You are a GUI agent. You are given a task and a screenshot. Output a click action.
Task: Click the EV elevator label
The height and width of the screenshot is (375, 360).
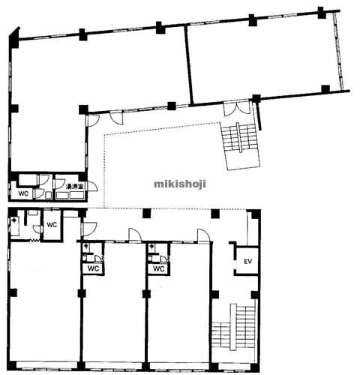click(x=247, y=262)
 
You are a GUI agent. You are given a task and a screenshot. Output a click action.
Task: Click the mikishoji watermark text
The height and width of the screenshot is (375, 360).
click(x=180, y=184)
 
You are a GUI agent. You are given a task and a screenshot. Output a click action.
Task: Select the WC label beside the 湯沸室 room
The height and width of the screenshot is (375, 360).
click(x=23, y=193)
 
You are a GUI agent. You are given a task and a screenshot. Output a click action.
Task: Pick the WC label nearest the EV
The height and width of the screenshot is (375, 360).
click(x=159, y=268)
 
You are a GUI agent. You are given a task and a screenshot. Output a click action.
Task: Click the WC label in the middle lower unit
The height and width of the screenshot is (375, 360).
click(x=93, y=268)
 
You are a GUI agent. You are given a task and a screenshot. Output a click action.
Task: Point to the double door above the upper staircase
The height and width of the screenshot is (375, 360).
click(x=236, y=108)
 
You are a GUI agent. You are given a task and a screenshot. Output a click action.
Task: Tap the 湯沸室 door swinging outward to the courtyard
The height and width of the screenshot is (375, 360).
click(x=92, y=186)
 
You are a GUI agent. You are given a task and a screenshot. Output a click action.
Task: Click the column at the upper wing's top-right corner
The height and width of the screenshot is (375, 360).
click(x=322, y=13)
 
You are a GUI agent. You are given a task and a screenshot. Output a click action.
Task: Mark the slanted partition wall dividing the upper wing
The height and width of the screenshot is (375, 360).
click(x=189, y=65)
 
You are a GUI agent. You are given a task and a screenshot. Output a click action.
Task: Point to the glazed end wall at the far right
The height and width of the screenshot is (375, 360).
click(x=338, y=51)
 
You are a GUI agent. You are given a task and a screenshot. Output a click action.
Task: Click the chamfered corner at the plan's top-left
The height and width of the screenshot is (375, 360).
click(x=14, y=32)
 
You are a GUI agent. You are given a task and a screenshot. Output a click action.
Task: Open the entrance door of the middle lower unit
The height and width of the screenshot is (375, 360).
click(x=135, y=235)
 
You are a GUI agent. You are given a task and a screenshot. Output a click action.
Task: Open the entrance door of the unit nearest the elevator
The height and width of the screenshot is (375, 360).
click(x=204, y=235)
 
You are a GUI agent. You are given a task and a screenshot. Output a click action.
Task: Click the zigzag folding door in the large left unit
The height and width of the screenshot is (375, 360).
click(x=35, y=241)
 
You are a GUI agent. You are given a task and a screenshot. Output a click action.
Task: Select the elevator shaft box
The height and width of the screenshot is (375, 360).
click(x=246, y=261)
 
